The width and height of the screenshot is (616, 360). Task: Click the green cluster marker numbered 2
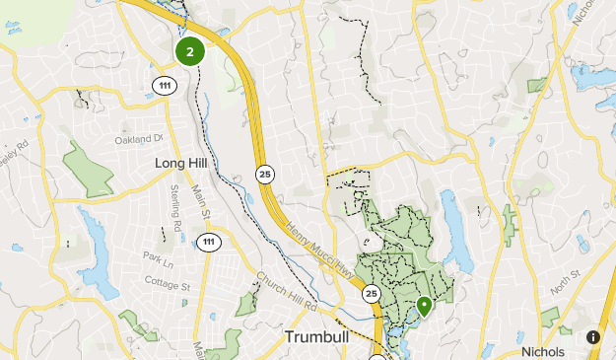click(190, 51)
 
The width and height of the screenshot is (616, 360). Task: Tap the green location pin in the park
click(424, 307)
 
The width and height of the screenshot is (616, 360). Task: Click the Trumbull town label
click(318, 337)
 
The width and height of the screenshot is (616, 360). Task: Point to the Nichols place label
click(543, 352)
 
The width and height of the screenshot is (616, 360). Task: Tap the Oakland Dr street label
click(138, 140)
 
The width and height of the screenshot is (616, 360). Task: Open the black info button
click(593, 337)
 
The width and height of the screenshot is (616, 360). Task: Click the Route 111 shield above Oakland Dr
click(165, 86)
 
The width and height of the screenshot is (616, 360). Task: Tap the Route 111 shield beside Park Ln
click(207, 243)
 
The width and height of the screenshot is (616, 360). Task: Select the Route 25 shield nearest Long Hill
click(265, 174)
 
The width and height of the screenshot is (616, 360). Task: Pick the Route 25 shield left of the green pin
click(371, 294)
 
